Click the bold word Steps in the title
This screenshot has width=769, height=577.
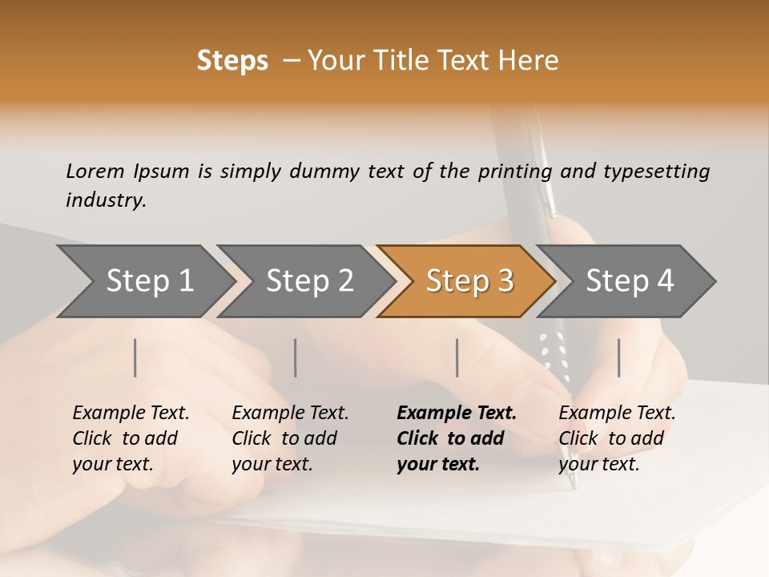232,61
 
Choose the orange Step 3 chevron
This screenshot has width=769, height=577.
469,281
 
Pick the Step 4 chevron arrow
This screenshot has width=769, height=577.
630,281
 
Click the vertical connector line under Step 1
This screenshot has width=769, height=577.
135,357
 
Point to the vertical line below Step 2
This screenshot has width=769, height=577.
296,357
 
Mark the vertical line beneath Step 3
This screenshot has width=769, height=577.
457,357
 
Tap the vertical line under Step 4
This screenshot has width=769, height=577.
619,357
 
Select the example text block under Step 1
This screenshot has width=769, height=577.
131,438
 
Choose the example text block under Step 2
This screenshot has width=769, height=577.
290,438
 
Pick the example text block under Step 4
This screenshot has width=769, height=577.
617,438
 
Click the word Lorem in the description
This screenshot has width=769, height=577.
95,171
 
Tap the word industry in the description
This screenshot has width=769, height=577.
106,200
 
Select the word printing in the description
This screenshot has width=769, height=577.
514,171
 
